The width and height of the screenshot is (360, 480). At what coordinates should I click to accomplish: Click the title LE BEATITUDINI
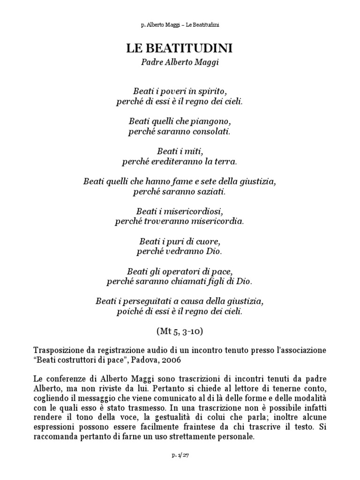pos(180,48)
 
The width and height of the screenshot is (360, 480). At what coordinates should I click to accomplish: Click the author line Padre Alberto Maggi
pos(180,63)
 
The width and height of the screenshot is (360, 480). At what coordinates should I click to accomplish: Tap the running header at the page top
pos(180,25)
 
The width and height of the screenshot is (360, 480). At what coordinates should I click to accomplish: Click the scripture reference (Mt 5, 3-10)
pos(180,331)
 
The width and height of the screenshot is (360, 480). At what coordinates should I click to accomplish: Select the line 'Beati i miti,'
pos(180,151)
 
